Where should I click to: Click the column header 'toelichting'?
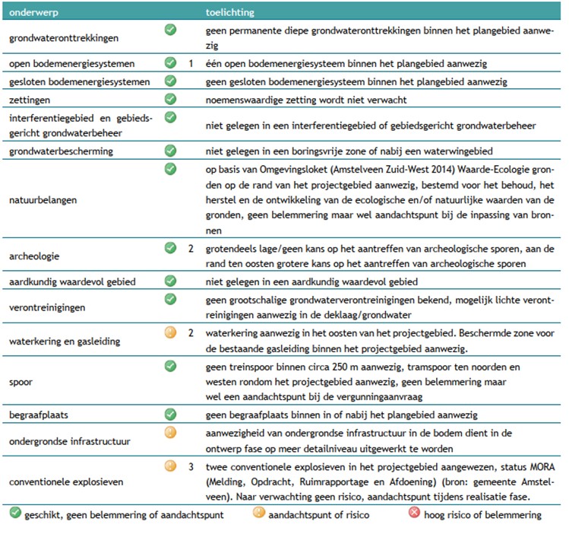point(230,14)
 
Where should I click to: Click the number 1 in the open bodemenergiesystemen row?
point(191,63)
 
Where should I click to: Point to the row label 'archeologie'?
point(34,256)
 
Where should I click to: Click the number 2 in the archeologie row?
point(191,248)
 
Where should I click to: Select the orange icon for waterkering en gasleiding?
point(170,332)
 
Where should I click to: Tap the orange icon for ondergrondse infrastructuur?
point(170,433)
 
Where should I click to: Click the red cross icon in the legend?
point(414,513)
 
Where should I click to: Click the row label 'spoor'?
point(21,383)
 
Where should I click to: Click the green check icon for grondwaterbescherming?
point(170,150)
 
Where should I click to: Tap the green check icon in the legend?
point(14,513)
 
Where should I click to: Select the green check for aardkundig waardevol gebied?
point(170,281)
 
